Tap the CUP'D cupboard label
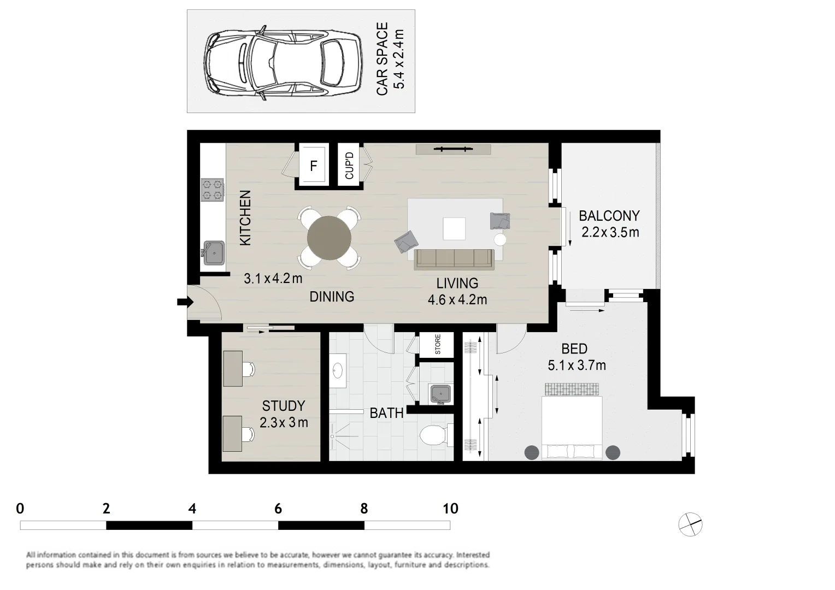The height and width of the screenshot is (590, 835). (x=349, y=166)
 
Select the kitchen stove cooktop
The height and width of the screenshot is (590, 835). (x=213, y=190)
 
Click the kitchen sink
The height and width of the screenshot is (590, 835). (x=214, y=253)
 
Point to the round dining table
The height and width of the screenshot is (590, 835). (x=329, y=238)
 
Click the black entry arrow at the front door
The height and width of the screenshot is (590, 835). (x=185, y=302)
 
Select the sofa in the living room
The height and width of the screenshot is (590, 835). (x=454, y=259)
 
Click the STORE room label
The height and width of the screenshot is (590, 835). (x=438, y=344)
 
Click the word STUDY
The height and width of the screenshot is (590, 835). (x=283, y=405)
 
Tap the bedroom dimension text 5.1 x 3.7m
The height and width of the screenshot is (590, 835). (x=577, y=365)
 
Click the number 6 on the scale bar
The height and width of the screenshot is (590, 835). (x=278, y=509)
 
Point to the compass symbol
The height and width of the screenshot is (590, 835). (x=690, y=524)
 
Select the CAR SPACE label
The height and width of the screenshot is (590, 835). (x=382, y=59)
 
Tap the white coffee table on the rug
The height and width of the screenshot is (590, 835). (x=454, y=229)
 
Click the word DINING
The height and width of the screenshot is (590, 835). (x=332, y=297)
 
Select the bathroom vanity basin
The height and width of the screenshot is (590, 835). (x=338, y=371)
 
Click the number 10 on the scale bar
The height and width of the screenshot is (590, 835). (x=450, y=509)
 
